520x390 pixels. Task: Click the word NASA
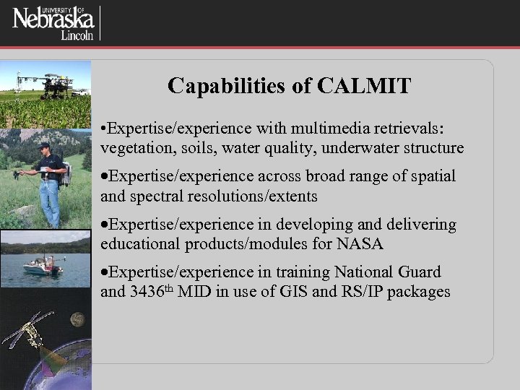(x=360, y=245)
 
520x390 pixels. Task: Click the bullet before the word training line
(x=105, y=273)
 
